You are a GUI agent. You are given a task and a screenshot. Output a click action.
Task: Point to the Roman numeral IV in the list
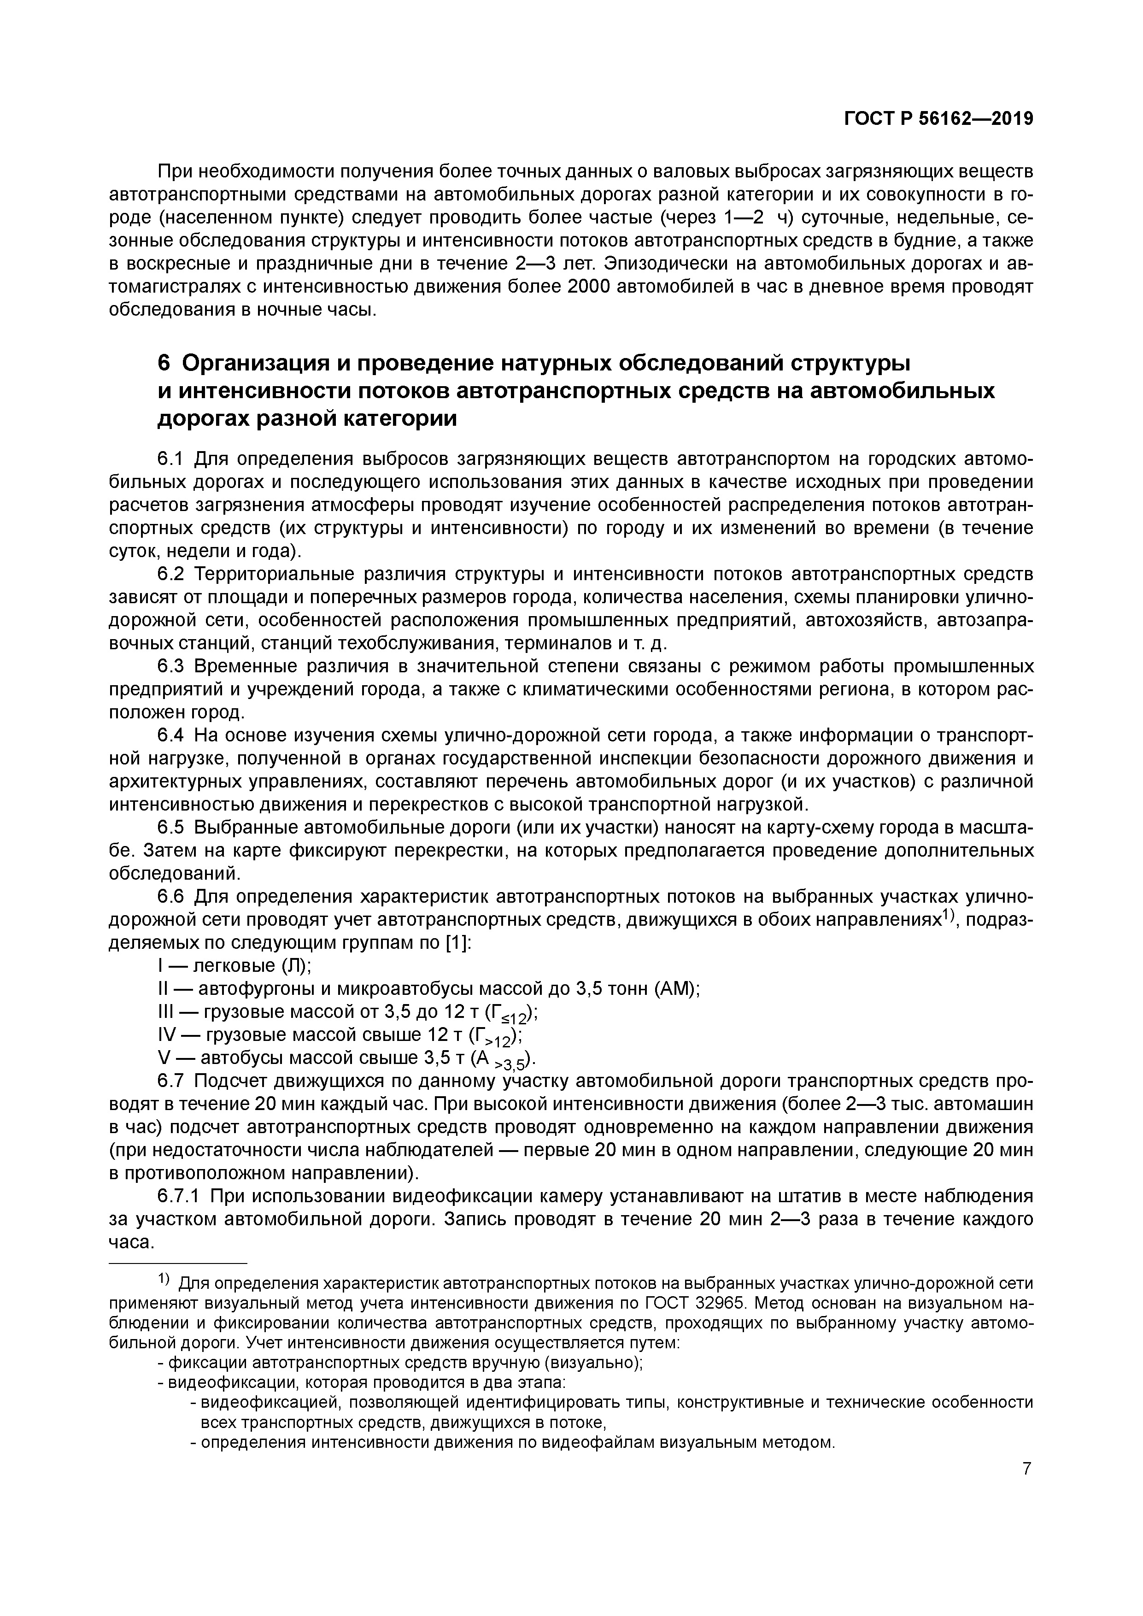pyautogui.click(x=166, y=1034)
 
